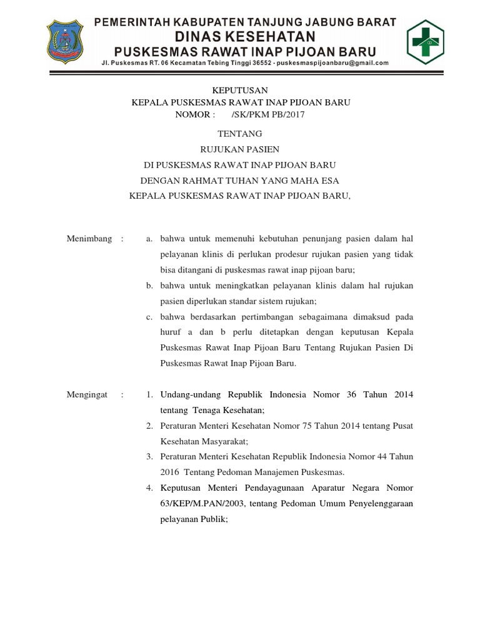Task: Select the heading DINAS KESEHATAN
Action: (x=244, y=35)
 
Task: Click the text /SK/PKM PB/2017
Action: (x=268, y=114)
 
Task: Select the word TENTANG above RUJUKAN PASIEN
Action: (x=239, y=134)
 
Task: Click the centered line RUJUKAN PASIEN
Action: (x=239, y=149)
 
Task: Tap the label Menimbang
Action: (x=89, y=239)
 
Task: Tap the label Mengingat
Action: (x=88, y=395)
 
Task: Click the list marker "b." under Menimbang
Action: (x=150, y=286)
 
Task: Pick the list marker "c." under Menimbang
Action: (x=150, y=317)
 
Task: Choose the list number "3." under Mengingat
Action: (x=149, y=457)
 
